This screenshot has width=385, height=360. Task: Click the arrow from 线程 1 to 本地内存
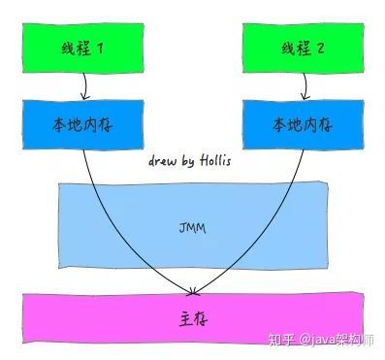click(x=83, y=87)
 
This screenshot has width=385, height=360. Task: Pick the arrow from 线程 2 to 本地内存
click(x=295, y=87)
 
